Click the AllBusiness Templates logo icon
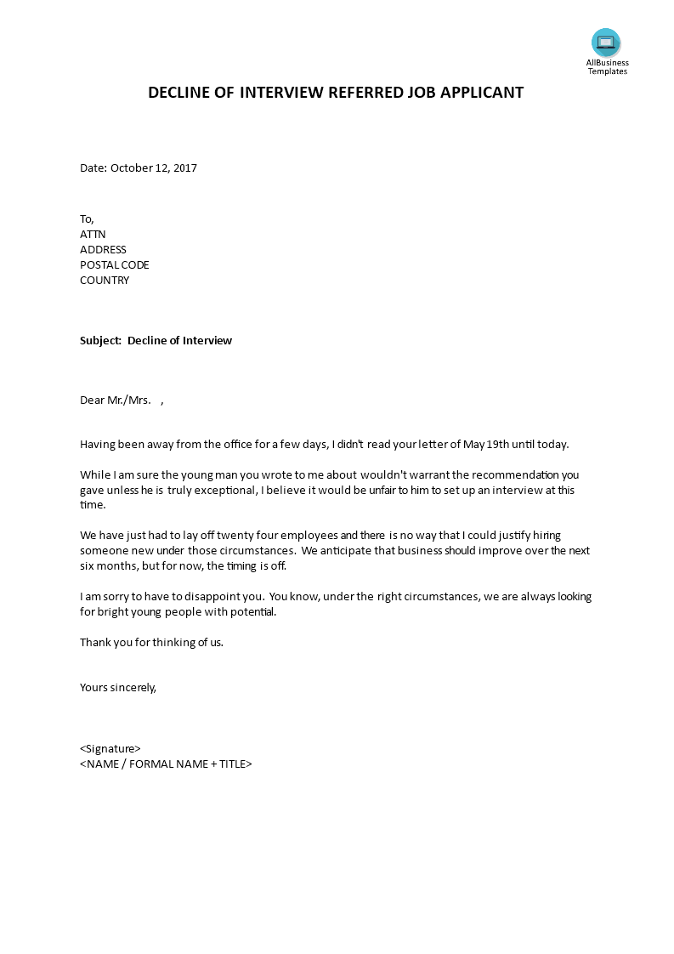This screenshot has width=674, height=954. [606, 43]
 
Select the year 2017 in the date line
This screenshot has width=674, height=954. [184, 168]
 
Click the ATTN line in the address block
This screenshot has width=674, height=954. [93, 234]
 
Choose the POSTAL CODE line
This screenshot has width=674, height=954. [114, 264]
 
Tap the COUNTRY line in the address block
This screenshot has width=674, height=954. [105, 280]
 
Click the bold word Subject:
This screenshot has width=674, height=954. [100, 340]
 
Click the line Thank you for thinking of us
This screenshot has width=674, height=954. [151, 642]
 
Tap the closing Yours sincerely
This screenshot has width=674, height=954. [118, 687]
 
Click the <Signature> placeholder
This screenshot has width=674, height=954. [110, 748]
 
